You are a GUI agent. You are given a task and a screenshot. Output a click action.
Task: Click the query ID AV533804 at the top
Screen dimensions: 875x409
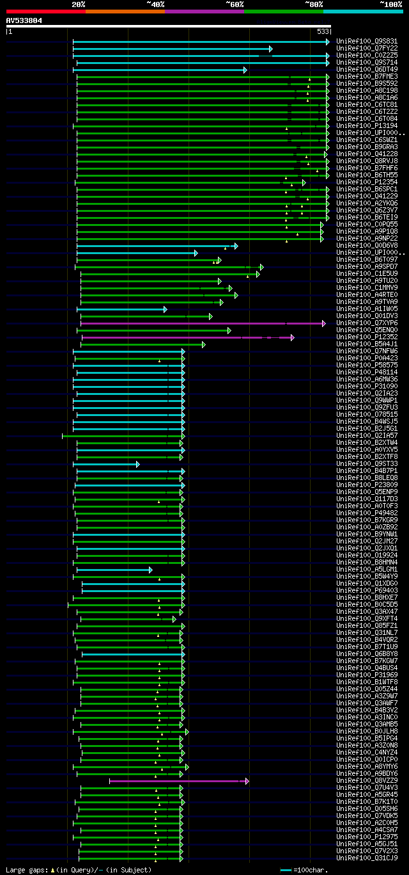[x=24, y=20]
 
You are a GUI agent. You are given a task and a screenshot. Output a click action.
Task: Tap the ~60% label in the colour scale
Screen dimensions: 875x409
[x=235, y=4]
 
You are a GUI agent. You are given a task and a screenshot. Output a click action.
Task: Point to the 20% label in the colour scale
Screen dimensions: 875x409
[x=78, y=4]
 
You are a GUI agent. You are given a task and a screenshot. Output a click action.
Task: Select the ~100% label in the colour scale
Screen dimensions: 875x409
[x=390, y=4]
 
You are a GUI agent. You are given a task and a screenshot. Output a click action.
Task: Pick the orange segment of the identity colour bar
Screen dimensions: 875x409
[x=125, y=11]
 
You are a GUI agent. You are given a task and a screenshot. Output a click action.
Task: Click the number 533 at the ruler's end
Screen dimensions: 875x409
[x=323, y=31]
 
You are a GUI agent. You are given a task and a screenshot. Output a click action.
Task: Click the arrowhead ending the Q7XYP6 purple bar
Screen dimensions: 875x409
[x=324, y=323]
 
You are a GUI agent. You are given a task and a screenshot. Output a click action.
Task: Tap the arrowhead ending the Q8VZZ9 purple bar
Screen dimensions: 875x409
[x=247, y=781]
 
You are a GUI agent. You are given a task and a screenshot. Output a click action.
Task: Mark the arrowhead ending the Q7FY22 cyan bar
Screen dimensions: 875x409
[x=271, y=49]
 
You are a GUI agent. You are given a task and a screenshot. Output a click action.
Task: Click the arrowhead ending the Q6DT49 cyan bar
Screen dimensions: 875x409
[x=245, y=70]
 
